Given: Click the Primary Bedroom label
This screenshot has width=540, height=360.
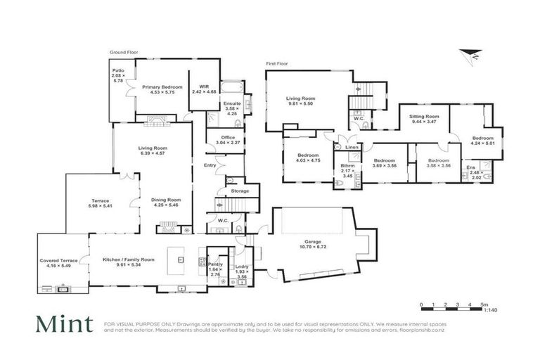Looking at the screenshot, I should coord(162,87).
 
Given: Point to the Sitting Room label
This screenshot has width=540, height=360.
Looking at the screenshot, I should coord(425,116).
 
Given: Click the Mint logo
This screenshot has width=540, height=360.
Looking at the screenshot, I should coord(65,324).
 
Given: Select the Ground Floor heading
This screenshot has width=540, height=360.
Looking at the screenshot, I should coord(123,52).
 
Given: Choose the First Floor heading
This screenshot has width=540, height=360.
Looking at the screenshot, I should coord(278,63).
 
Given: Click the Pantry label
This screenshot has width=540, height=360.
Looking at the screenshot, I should coord(215,264).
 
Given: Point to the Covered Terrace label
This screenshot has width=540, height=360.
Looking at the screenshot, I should coord(58,260).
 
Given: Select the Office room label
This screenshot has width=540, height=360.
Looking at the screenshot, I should coord(228,137).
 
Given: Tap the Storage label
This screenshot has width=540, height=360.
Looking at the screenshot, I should coord(240,190).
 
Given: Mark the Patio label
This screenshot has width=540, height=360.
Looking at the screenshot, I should coord(118,70).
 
